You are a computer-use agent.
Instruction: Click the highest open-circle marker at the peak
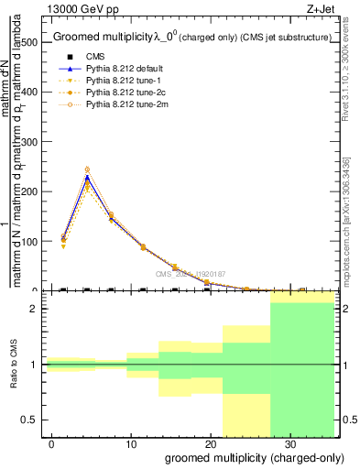click(x=87, y=169)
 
